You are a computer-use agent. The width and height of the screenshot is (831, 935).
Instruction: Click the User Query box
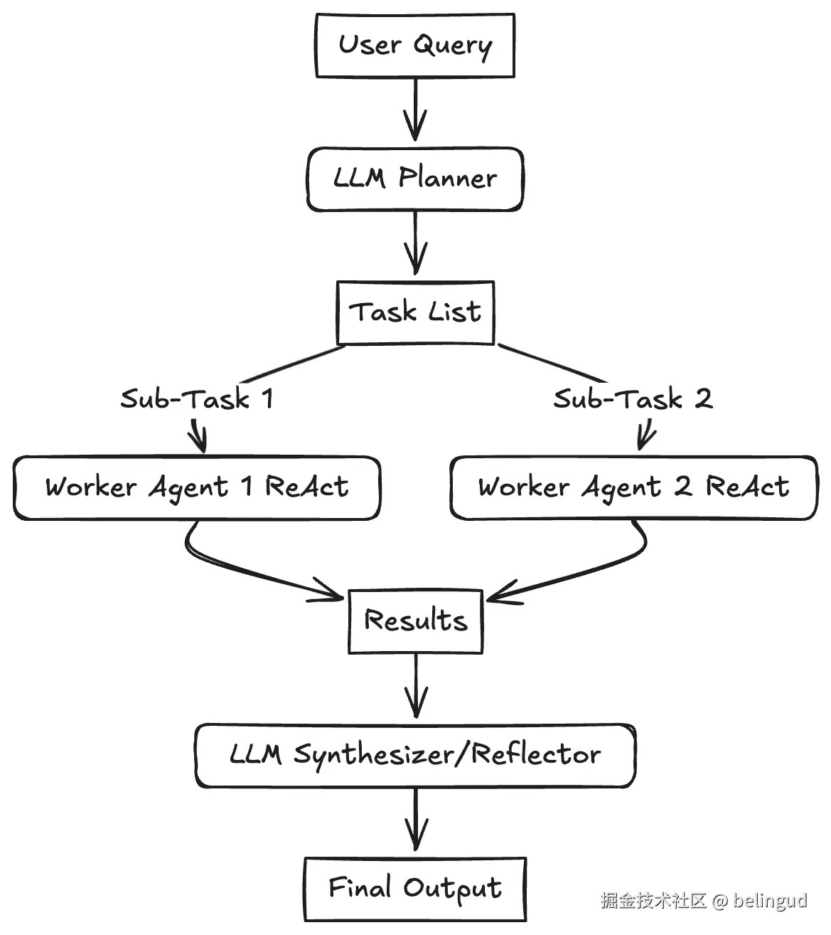[414, 46]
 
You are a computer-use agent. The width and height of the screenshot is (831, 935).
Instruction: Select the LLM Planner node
[415, 179]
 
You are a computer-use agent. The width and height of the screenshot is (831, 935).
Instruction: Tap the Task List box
[415, 312]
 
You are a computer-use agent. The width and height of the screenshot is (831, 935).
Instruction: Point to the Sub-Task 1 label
[197, 398]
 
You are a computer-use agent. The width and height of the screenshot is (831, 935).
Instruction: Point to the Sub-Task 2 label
[633, 398]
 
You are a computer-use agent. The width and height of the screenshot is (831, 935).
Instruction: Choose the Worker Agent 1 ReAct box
[197, 487]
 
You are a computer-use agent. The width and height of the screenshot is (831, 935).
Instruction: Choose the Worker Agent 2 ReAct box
[633, 487]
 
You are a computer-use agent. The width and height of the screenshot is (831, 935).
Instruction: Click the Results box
[415, 620]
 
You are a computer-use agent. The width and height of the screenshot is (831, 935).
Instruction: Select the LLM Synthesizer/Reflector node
[415, 754]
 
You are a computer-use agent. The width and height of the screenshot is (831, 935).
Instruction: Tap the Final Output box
[415, 888]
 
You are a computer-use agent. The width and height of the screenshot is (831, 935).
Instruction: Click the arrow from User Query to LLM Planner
[415, 110]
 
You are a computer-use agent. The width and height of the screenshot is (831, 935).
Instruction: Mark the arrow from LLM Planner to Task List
[415, 243]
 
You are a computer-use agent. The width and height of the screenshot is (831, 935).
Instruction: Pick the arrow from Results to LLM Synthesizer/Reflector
[415, 687]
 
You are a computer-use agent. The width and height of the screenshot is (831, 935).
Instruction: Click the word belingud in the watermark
[771, 901]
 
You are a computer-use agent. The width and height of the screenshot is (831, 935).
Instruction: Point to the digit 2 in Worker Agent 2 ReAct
[682, 487]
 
